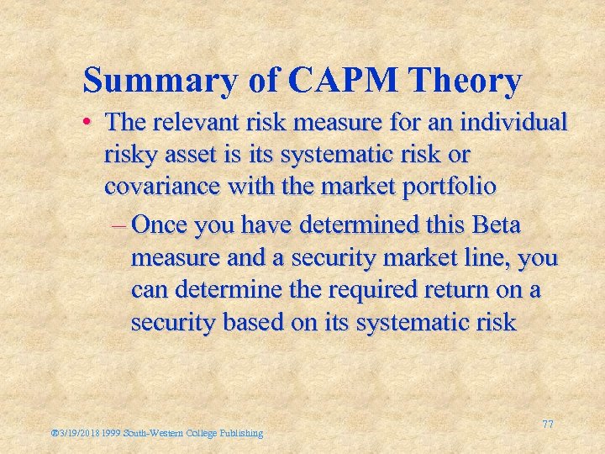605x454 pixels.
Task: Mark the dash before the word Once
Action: (x=118, y=226)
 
